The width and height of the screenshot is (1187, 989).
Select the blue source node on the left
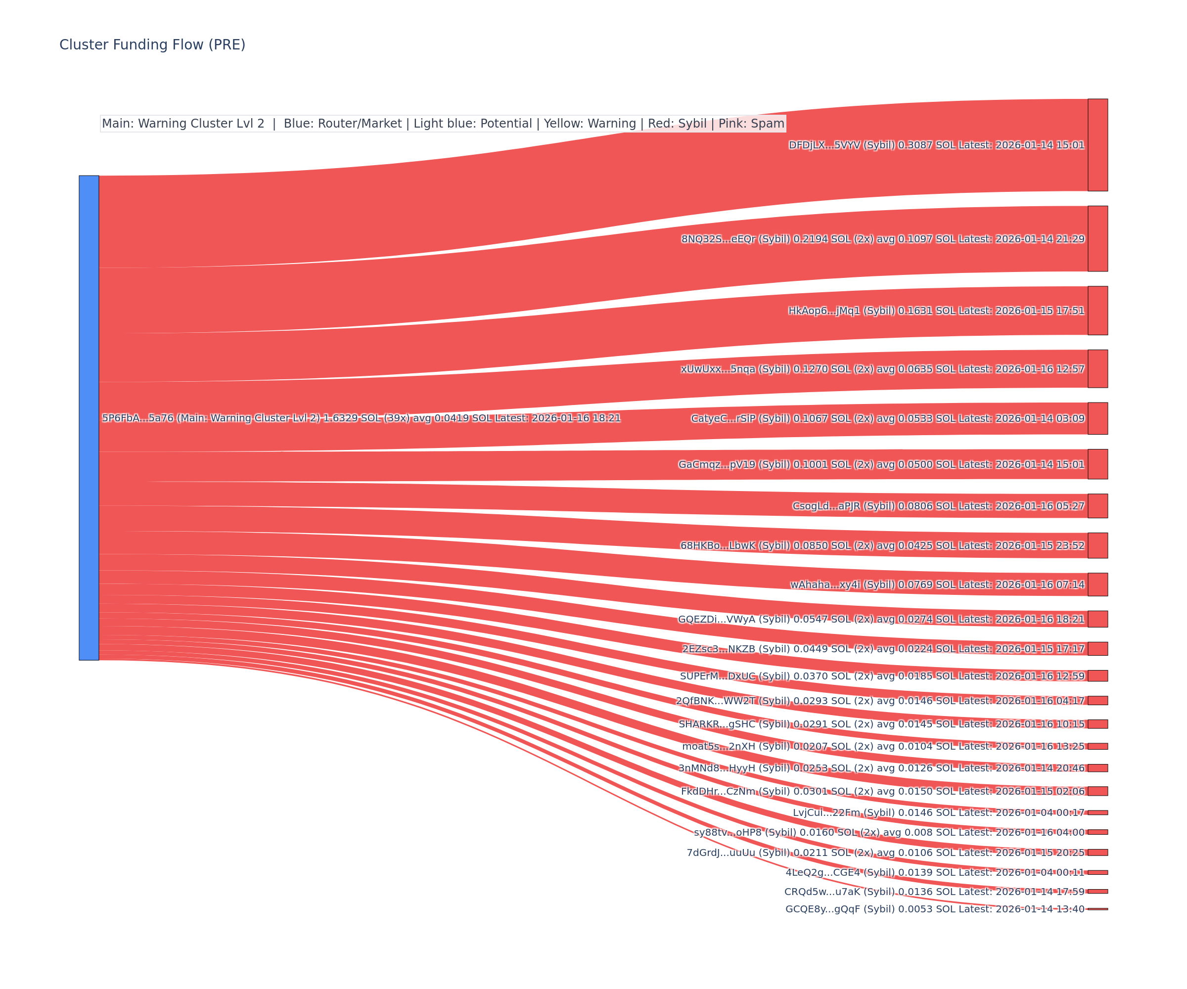(x=89, y=418)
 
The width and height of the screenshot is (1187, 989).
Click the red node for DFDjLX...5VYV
(x=1097, y=145)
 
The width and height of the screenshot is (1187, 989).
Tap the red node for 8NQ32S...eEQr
(x=1097, y=238)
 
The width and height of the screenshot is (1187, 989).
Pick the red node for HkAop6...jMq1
(x=1097, y=310)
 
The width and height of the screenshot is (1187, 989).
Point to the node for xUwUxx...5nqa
(x=1097, y=368)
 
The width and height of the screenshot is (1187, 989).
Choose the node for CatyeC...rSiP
(x=1097, y=418)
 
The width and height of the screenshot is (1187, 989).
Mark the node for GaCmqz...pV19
(x=1097, y=464)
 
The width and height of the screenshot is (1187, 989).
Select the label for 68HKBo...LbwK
(x=882, y=545)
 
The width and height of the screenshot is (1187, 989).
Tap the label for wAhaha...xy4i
(x=937, y=584)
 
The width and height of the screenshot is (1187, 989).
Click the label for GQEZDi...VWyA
(x=881, y=619)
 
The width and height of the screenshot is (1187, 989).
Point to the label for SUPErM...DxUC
(x=882, y=676)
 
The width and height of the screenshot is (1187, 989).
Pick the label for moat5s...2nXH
(x=883, y=746)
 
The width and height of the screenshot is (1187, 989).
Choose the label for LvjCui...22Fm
(x=938, y=812)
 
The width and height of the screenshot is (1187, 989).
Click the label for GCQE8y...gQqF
(x=935, y=909)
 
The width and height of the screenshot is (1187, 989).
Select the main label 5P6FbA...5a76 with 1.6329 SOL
(x=361, y=418)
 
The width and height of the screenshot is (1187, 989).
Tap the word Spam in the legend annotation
(x=768, y=124)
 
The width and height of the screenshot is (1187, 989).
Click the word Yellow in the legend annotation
(x=563, y=124)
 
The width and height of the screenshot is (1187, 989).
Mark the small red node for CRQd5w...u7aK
(x=1097, y=891)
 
